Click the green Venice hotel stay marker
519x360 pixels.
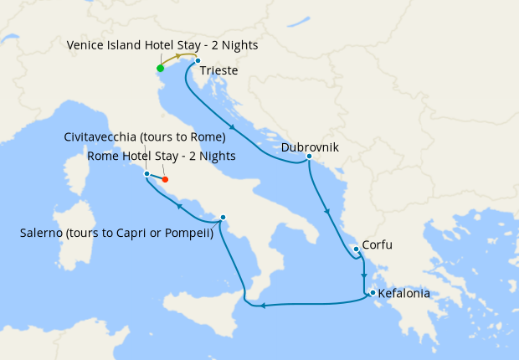[160, 68]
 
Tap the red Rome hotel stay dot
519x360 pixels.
[165, 179]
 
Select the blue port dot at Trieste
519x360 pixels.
[197, 61]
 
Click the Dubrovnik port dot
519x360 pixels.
[309, 157]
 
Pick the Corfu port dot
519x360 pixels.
[356, 249]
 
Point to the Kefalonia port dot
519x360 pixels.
[372, 292]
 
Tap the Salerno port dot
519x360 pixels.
[223, 218]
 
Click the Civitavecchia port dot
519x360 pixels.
[146, 173]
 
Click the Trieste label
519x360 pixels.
[219, 71]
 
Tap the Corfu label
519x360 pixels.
[378, 245]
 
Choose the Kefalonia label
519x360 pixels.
[404, 294]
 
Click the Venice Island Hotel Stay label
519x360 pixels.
[162, 44]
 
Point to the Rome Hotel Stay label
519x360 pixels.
[162, 156]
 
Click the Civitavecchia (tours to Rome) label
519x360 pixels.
[145, 136]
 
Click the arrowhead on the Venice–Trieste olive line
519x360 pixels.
[178, 55]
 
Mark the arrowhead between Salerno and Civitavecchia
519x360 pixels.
[179, 206]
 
